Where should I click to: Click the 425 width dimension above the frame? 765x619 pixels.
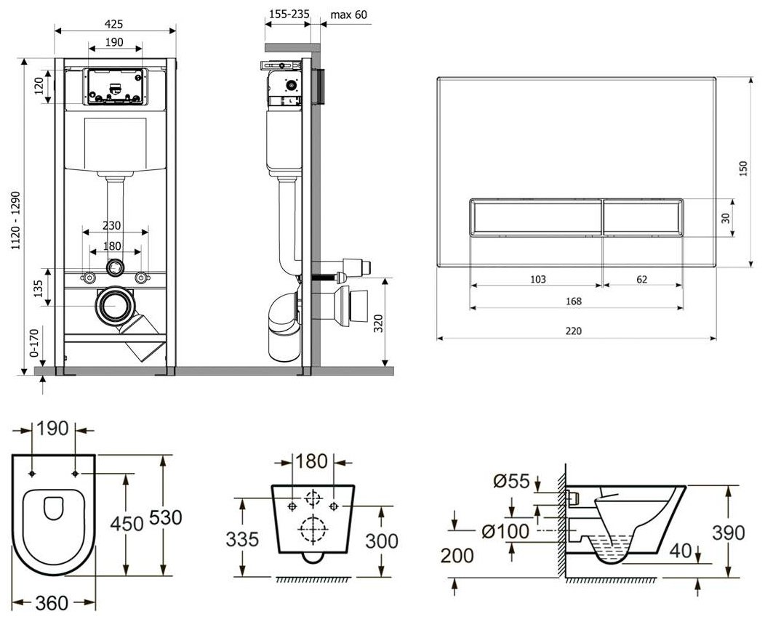pyautogui.click(x=113, y=23)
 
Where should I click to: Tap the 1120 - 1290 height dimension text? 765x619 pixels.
pyautogui.click(x=16, y=220)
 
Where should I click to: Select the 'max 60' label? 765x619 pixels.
pyautogui.click(x=349, y=14)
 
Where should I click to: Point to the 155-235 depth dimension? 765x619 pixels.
pyautogui.click(x=289, y=14)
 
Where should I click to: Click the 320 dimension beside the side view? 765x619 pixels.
pyautogui.click(x=379, y=323)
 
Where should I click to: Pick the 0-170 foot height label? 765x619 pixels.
pyautogui.click(x=34, y=343)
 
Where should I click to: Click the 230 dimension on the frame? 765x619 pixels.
pyautogui.click(x=112, y=226)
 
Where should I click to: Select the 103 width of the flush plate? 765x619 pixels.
pyautogui.click(x=537, y=279)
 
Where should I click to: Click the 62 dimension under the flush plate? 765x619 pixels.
pyautogui.click(x=642, y=279)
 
